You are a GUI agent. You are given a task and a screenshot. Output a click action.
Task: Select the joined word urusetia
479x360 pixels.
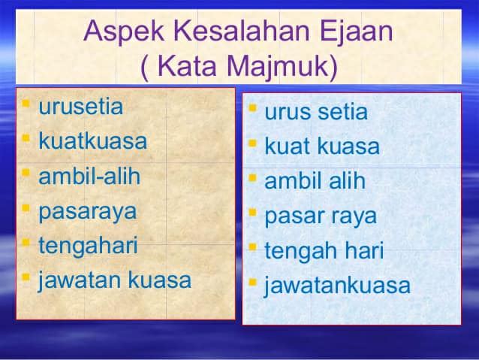tap(81, 106)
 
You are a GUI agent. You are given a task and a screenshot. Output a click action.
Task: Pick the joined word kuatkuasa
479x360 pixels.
tap(93, 141)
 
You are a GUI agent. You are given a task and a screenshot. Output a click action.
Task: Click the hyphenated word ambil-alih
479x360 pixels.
tap(89, 176)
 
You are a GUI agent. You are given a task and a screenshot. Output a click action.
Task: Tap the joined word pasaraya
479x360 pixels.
tap(88, 212)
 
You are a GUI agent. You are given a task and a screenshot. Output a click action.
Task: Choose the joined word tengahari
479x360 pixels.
tap(88, 247)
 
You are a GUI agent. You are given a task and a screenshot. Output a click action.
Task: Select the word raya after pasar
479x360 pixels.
tap(354, 217)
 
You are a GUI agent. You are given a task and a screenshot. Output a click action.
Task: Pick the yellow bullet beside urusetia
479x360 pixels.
tap(26, 104)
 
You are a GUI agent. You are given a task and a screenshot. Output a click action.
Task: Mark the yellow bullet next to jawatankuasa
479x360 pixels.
tap(252, 282)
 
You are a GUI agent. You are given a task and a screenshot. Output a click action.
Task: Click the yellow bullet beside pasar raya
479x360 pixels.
tap(252, 212)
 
